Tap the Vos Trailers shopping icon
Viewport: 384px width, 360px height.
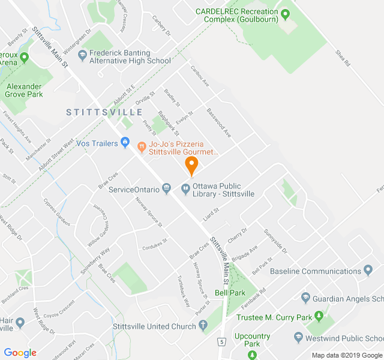(125, 143)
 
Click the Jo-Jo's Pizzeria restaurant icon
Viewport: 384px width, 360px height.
(142, 145)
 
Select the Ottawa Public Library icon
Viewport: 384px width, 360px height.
(185, 190)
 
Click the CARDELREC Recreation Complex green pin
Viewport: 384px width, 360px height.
(285, 13)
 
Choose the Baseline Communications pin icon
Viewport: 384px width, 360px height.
(368, 271)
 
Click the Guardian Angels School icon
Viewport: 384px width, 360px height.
(305, 298)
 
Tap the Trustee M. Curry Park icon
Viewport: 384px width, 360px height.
(319, 316)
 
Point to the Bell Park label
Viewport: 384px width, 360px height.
(230, 293)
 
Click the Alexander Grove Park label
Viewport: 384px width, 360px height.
(25, 90)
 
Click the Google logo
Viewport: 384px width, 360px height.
(20, 353)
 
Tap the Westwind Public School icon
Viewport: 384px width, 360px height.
(299, 338)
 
